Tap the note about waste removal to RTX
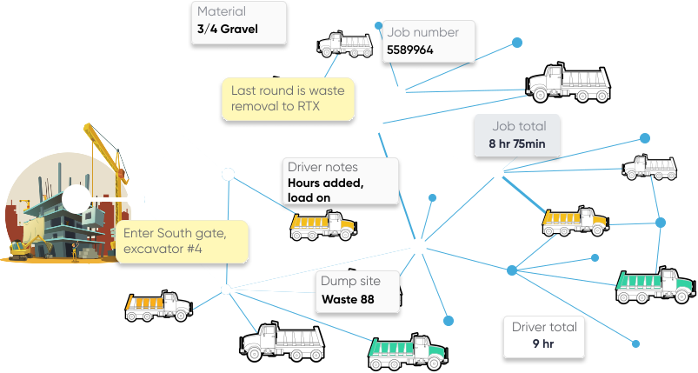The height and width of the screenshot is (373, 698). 288,100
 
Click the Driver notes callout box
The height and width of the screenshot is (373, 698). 342,181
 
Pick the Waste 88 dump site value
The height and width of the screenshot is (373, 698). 348,300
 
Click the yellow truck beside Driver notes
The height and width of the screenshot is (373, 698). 322,225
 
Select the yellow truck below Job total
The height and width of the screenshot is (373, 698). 574,221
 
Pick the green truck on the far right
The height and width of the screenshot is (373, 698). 656,285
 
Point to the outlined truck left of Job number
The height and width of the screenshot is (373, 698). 345,43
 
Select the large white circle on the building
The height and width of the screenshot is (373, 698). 76,199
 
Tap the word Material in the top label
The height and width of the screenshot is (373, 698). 222,12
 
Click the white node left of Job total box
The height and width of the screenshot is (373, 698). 375,126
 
